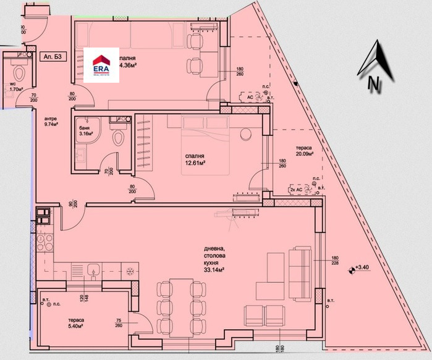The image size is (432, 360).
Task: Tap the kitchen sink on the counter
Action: pyautogui.click(x=93, y=269)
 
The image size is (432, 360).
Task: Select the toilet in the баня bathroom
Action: pyautogui.click(x=119, y=136)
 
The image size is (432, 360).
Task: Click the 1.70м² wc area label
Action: pyautogui.click(x=16, y=88)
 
